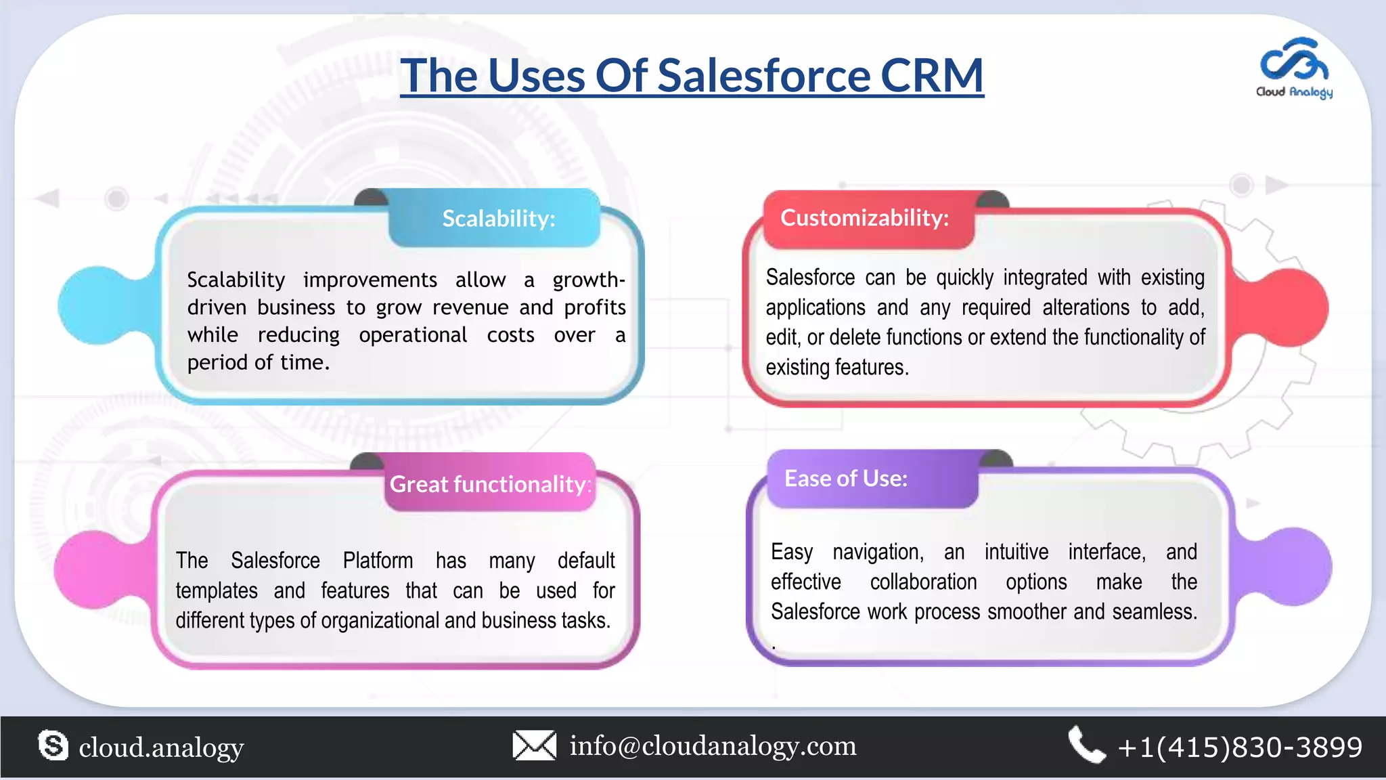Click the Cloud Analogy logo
click(x=1294, y=68)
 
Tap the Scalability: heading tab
click(x=498, y=219)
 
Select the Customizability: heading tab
click(x=864, y=218)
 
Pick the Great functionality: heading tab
click(x=490, y=484)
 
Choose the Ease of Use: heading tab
click(x=846, y=479)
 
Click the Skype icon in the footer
click(x=53, y=745)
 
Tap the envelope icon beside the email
click(x=534, y=745)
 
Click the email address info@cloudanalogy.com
click(x=713, y=745)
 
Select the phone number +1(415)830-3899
click(x=1240, y=747)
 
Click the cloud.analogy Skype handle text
click(x=161, y=747)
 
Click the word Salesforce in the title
click(x=763, y=75)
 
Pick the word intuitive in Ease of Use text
click(x=1016, y=552)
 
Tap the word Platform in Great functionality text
click(x=378, y=561)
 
